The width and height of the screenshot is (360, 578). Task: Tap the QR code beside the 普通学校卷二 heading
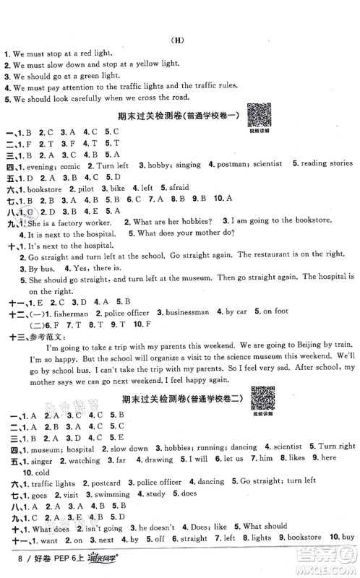click(262, 395)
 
